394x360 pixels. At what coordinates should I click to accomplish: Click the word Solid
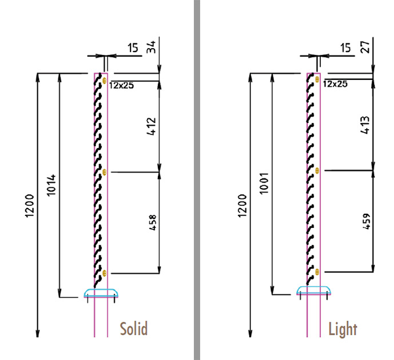(x=133, y=329)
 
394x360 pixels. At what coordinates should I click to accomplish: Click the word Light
(x=343, y=329)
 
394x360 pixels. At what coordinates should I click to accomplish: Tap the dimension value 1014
(x=51, y=185)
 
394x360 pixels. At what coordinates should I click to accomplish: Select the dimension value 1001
(x=264, y=183)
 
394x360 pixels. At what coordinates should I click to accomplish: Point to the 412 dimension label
(x=152, y=126)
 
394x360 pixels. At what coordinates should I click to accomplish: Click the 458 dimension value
(x=153, y=222)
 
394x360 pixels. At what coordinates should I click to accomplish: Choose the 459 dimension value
(x=367, y=221)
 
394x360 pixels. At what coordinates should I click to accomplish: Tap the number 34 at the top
(x=152, y=47)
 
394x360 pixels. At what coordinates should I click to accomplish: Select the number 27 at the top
(x=365, y=47)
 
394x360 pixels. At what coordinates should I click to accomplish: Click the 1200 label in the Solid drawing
(x=29, y=206)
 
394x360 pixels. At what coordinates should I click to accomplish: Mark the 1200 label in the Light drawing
(x=242, y=206)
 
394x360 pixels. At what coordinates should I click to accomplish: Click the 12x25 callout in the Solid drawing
(x=121, y=86)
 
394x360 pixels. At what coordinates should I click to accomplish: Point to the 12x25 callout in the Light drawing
(x=335, y=84)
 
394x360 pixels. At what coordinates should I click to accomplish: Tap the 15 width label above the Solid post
(x=133, y=47)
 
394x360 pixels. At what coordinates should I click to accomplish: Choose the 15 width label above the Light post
(x=345, y=47)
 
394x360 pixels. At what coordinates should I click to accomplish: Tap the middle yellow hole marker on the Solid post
(x=105, y=172)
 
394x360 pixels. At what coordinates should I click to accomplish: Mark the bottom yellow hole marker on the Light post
(x=317, y=271)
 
